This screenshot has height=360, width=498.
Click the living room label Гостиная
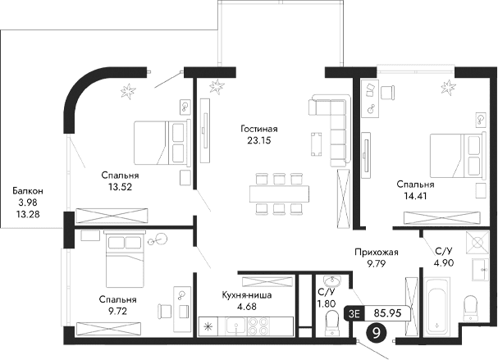click(x=259, y=129)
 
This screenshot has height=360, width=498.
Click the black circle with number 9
click(x=377, y=332)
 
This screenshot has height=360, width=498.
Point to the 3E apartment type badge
click(x=354, y=312)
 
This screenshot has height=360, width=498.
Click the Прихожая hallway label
click(x=377, y=253)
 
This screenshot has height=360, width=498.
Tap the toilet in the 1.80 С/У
click(x=331, y=328)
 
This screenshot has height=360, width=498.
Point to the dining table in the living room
click(x=281, y=192)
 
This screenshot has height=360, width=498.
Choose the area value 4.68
click(x=245, y=307)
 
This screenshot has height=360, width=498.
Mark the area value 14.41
click(x=413, y=197)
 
